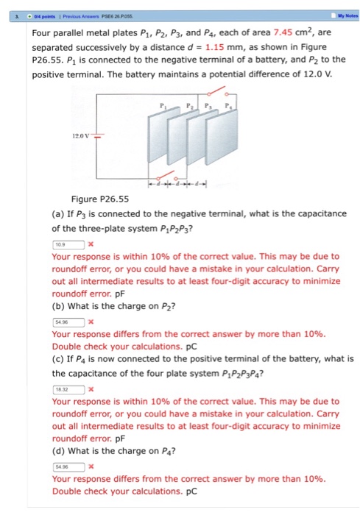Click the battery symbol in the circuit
pos(98,135)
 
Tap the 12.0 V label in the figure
pos(81,135)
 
